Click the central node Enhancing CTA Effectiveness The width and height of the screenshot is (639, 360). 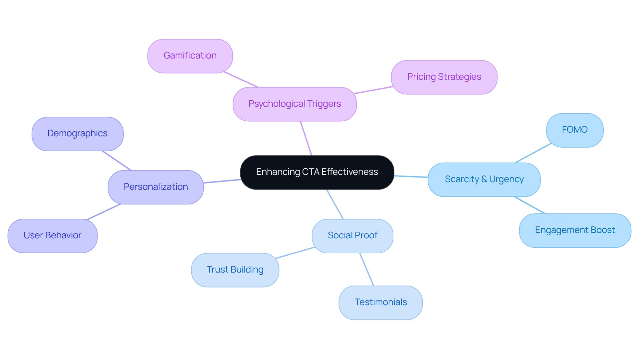pyautogui.click(x=317, y=172)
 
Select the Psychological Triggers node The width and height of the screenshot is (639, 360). pyautogui.click(x=295, y=104)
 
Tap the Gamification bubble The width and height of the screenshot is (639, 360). pyautogui.click(x=190, y=56)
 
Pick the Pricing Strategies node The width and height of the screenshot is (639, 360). pyautogui.click(x=444, y=77)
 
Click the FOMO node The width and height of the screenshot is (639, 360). pyautogui.click(x=574, y=130)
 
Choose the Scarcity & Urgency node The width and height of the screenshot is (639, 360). pyautogui.click(x=484, y=180)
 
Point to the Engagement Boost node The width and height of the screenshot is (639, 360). pyautogui.click(x=575, y=230)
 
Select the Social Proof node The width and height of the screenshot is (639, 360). pyautogui.click(x=352, y=236)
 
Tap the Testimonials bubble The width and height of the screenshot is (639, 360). pyautogui.click(x=380, y=302)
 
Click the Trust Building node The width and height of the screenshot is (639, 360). pyautogui.click(x=235, y=270)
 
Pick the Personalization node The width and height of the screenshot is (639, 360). pyautogui.click(x=155, y=187)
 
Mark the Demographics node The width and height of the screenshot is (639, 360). pyautogui.click(x=78, y=134)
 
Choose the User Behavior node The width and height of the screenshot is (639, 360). pyautogui.click(x=52, y=236)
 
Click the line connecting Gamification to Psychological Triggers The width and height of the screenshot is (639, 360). pyautogui.click(x=241, y=79)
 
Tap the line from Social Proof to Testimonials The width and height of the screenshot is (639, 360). pyautogui.click(x=367, y=270)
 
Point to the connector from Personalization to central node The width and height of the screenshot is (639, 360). pyautogui.click(x=222, y=181)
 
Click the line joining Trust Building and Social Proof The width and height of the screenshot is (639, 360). pyautogui.click(x=295, y=253)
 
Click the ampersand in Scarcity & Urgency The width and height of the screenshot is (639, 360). pyautogui.click(x=484, y=180)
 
